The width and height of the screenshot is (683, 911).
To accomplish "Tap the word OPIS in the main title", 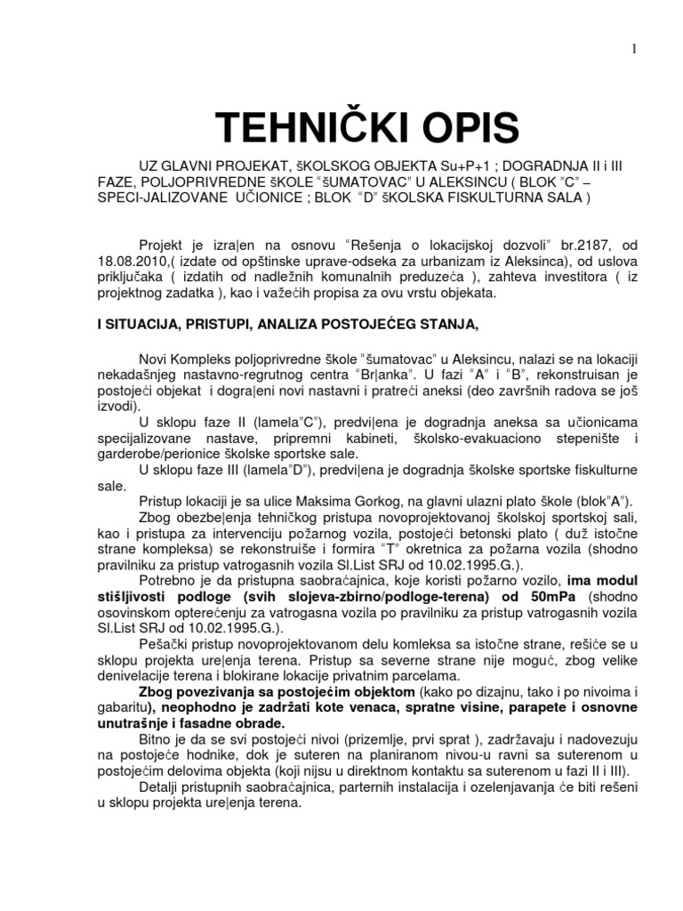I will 470,130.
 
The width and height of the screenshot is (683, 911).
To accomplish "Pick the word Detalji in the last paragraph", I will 161,787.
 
